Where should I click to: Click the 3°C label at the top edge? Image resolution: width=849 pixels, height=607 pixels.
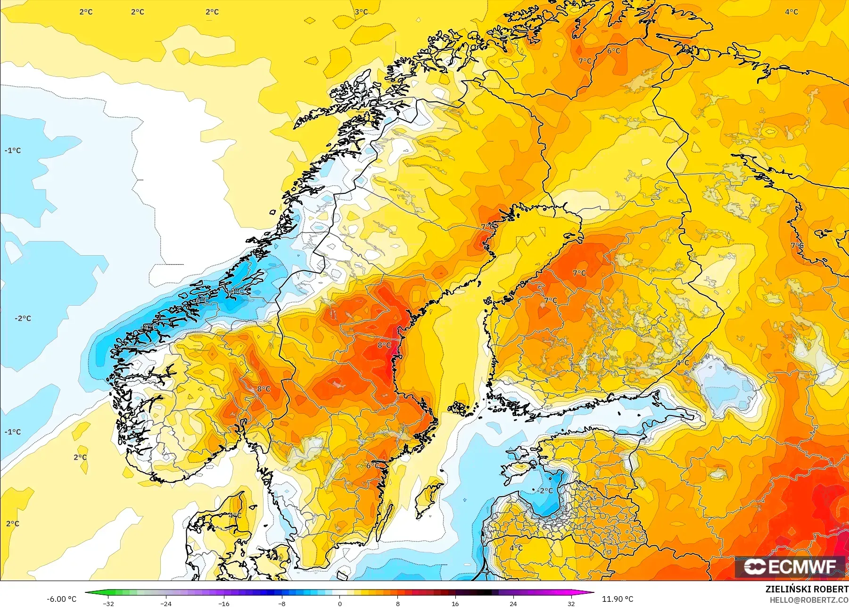pos(361,12)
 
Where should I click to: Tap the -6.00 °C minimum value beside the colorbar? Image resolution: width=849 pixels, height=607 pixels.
pos(61,599)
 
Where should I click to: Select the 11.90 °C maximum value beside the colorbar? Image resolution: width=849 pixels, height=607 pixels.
pos(618,599)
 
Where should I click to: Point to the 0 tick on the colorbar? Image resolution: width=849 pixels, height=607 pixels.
pos(339,603)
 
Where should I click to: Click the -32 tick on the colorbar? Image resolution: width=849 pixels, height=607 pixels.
pos(109,603)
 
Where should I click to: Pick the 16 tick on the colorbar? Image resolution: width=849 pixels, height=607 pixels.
pos(455,603)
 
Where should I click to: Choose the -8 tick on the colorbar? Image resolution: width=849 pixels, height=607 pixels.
pos(282,603)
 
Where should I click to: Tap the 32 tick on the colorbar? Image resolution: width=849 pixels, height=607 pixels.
pos(571,603)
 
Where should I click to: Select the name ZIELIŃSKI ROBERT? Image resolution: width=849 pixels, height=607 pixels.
pos(806,589)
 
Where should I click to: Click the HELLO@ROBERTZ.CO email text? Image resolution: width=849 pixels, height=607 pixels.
pos(809,600)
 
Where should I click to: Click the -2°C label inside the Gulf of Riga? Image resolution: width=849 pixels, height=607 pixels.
pos(545,491)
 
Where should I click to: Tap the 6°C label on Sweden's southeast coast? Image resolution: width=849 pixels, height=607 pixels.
pos(372,466)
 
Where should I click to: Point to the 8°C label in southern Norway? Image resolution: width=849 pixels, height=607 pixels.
pos(264,389)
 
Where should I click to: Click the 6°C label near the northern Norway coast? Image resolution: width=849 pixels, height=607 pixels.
pos(613,51)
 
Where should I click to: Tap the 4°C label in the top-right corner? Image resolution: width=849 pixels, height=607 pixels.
pos(791,12)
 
